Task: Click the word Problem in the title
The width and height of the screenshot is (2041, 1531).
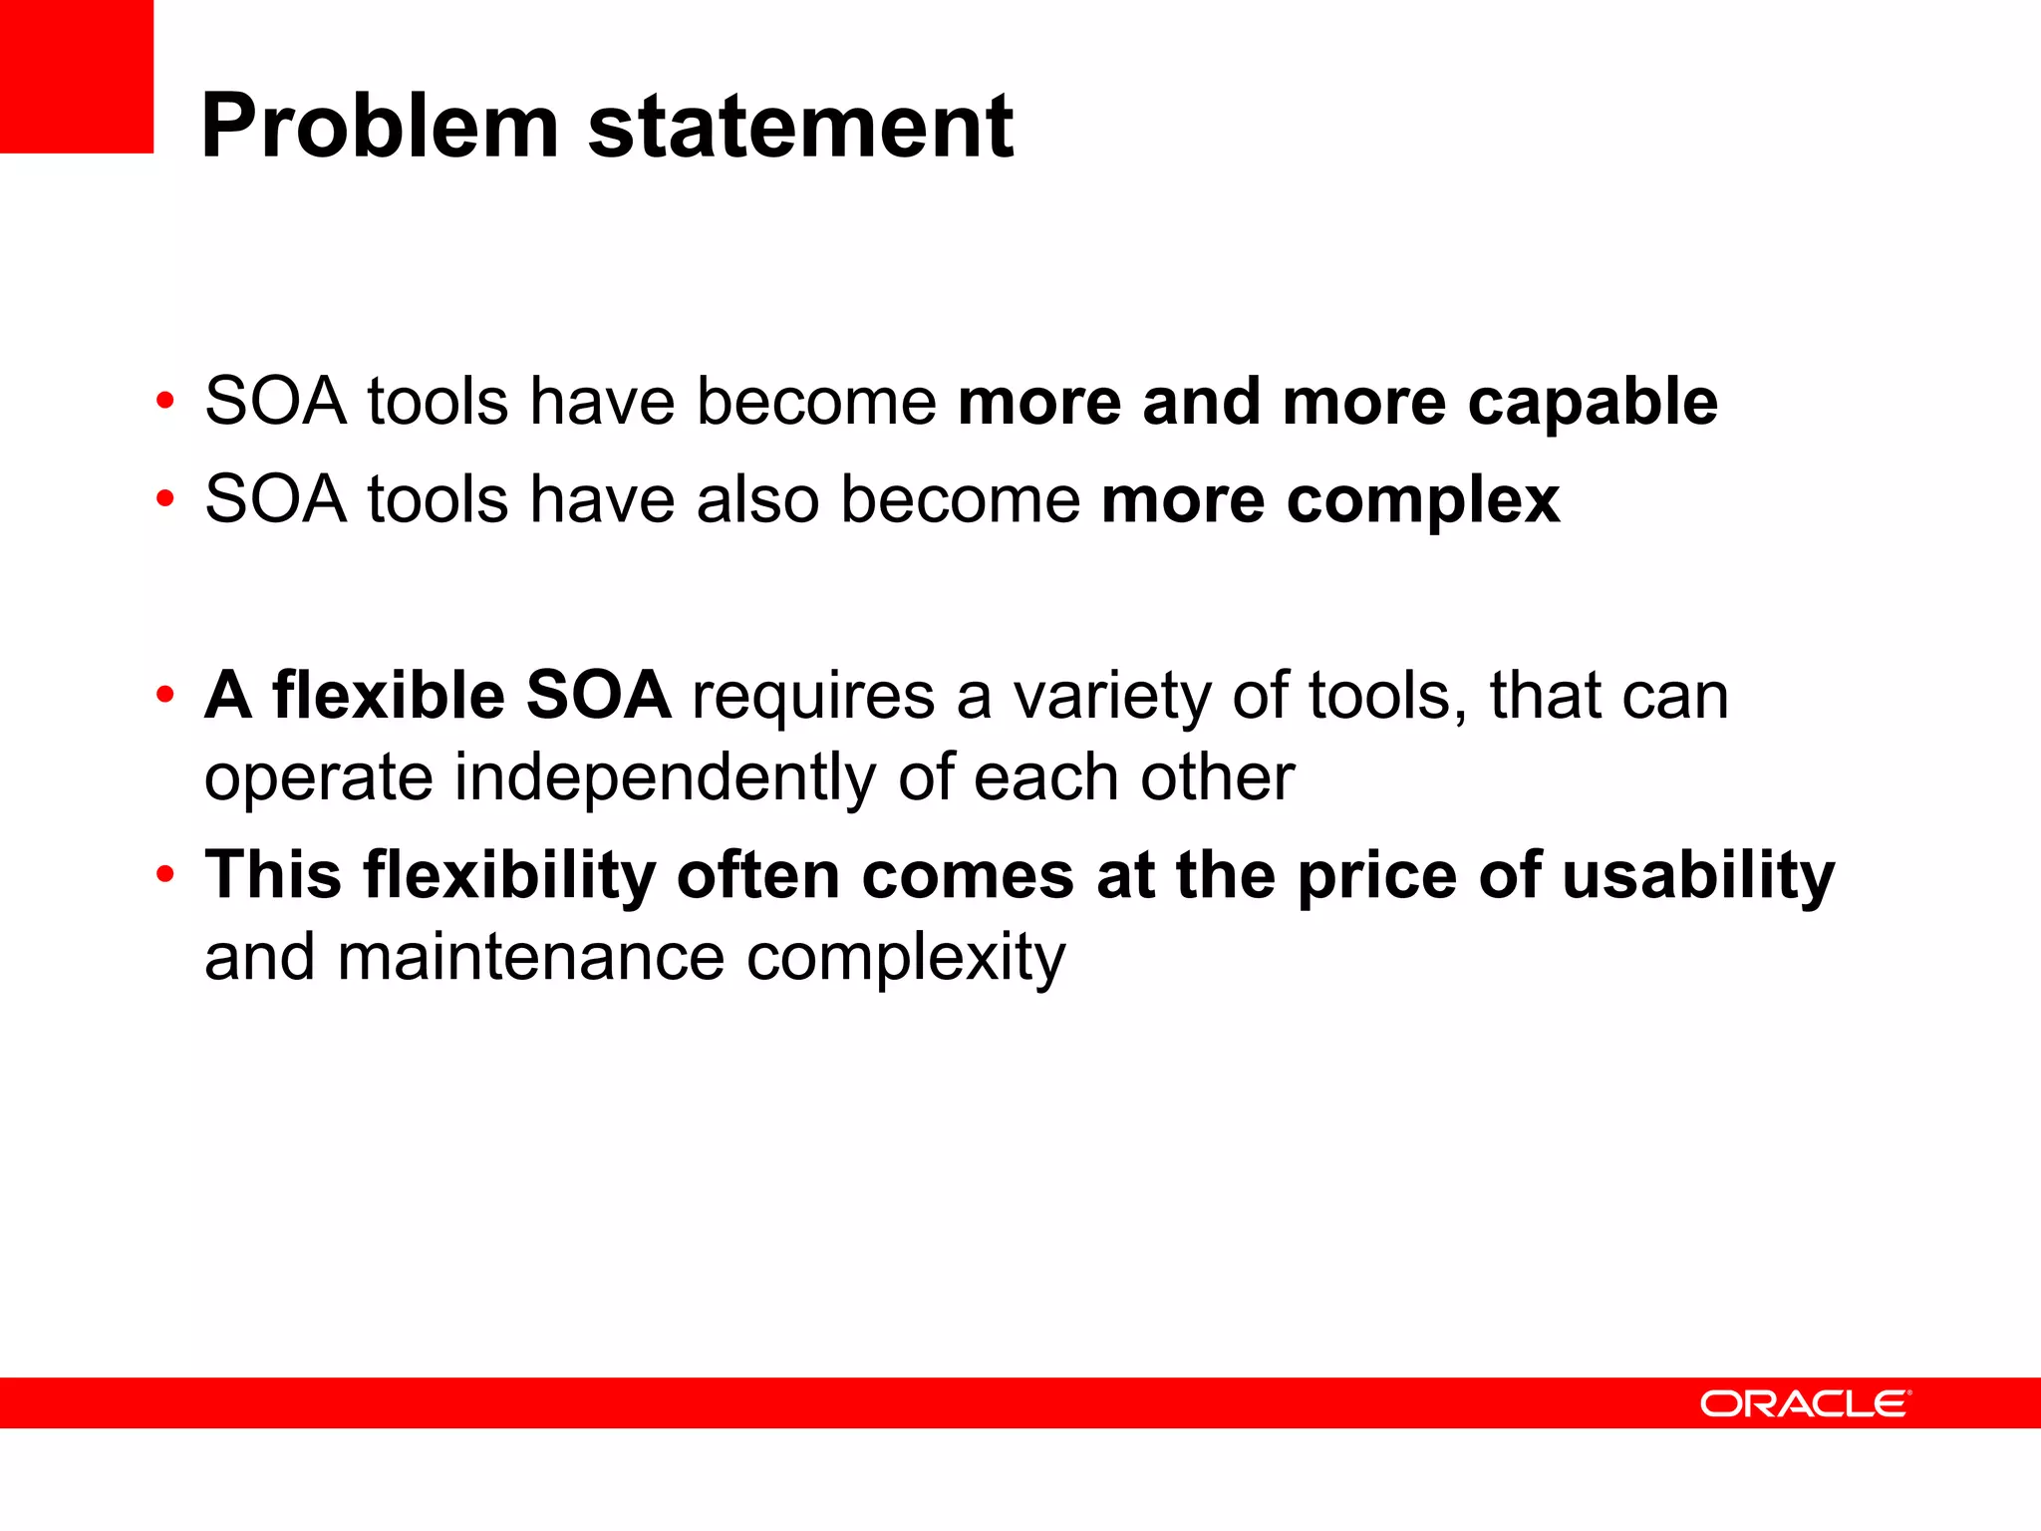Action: point(379,128)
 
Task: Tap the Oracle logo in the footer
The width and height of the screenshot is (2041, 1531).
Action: point(1805,1403)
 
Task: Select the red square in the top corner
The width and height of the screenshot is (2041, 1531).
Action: point(76,76)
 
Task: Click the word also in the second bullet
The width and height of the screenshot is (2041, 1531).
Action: point(757,498)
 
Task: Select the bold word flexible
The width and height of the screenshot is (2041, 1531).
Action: point(388,695)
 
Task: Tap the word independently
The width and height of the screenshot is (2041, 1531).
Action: point(665,778)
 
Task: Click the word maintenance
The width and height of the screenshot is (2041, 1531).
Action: point(530,958)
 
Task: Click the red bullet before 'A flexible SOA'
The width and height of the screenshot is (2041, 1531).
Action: point(165,694)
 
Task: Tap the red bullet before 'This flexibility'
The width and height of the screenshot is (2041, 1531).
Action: point(165,875)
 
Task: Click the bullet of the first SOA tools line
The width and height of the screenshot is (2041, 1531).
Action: point(165,402)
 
